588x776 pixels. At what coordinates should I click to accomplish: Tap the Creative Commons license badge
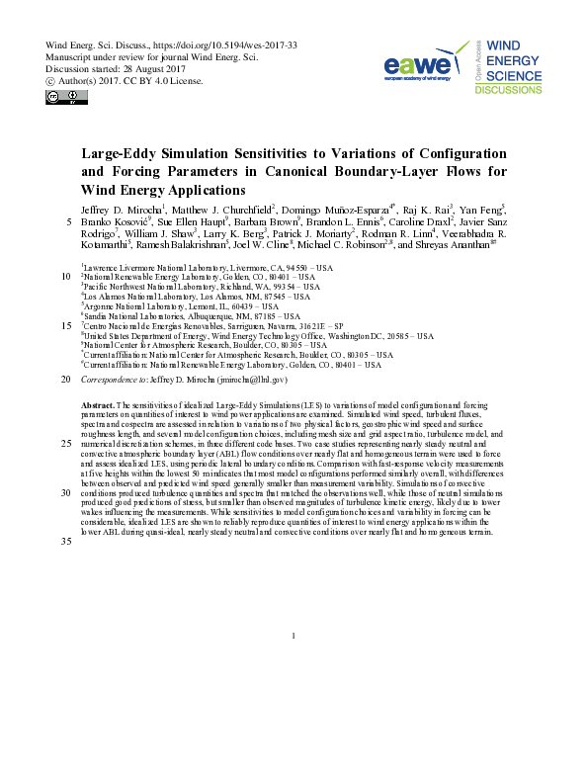point(60,97)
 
